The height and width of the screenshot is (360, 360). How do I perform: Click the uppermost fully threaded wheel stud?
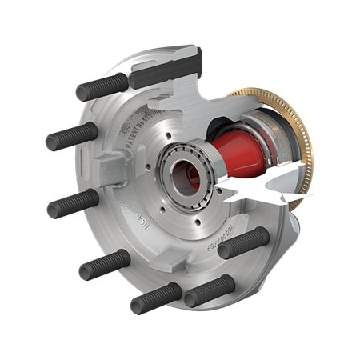[100, 86]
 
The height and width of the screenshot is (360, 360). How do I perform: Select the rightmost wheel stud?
[243, 242]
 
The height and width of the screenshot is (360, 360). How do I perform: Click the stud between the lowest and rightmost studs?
[209, 290]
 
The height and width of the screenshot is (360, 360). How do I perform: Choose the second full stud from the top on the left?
[72, 137]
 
